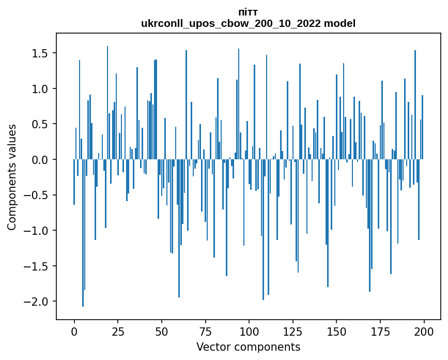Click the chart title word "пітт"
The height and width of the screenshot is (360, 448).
click(248, 12)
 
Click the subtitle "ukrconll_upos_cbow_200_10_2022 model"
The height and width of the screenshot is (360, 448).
click(248, 23)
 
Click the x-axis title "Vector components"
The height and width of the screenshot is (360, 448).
click(248, 347)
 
